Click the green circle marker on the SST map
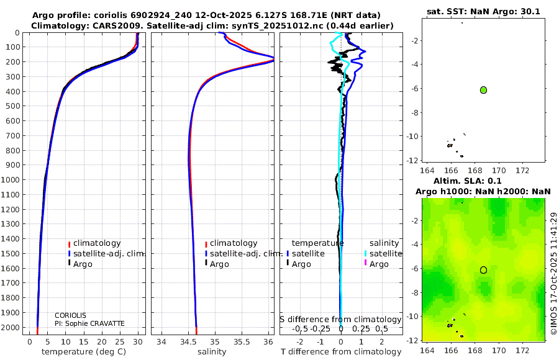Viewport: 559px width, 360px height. [x=483, y=90]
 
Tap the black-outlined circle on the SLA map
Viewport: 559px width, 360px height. [x=483, y=270]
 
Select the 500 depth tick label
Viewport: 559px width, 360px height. [x=12, y=106]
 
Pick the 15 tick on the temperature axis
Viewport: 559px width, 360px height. [x=83, y=342]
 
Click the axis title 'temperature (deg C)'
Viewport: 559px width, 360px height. [x=84, y=352]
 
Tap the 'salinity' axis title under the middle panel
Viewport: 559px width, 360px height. [x=212, y=352]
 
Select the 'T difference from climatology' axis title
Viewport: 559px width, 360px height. [x=341, y=352]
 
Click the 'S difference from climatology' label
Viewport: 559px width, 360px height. [x=340, y=320]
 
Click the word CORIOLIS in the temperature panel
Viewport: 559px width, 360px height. [x=70, y=315]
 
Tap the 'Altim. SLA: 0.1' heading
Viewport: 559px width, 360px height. [x=467, y=181]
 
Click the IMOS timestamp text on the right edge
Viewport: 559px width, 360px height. [x=553, y=273]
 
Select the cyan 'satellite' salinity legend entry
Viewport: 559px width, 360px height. [x=383, y=253]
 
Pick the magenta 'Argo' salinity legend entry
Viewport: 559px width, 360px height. [x=376, y=264]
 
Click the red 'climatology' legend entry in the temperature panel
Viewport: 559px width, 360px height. [x=94, y=243]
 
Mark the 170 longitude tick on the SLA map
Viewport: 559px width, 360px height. [x=499, y=350]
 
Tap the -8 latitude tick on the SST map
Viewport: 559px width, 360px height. [x=413, y=112]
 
